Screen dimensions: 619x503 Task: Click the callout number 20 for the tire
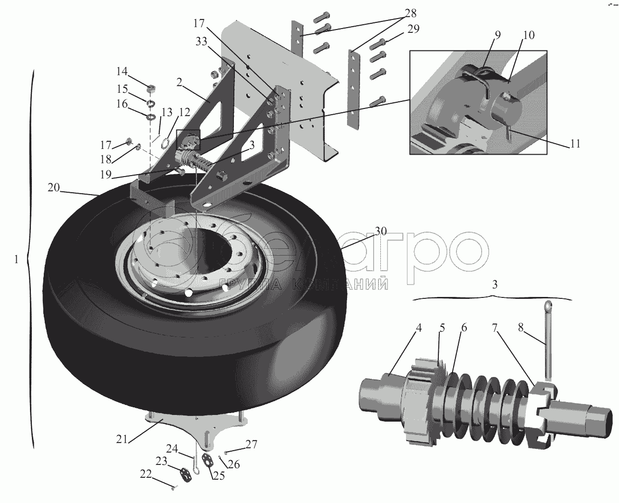tap(54, 187)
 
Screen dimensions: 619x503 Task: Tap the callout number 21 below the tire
tap(122, 439)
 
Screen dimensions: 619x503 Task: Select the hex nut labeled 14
tap(151, 88)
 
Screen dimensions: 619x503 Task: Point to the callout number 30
tap(381, 231)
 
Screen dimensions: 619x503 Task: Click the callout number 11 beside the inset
tap(575, 144)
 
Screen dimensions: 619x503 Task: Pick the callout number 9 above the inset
tap(498, 35)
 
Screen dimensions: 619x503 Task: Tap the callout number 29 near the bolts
tap(414, 29)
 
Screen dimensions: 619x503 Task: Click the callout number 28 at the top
tap(411, 13)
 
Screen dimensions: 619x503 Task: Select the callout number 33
tap(202, 41)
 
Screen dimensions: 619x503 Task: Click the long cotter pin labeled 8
tap(548, 340)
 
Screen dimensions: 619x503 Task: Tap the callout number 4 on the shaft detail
tap(418, 327)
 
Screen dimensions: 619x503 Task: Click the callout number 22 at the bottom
tap(146, 474)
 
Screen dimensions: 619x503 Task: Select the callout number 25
tap(219, 475)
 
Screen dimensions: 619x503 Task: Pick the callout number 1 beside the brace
tap(17, 259)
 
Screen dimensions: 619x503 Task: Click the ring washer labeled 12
tap(165, 141)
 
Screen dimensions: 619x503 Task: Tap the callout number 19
tap(106, 174)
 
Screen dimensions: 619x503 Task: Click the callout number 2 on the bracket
tap(179, 82)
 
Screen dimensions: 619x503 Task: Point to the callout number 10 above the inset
tap(529, 35)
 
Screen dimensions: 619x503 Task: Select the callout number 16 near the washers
tap(122, 104)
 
